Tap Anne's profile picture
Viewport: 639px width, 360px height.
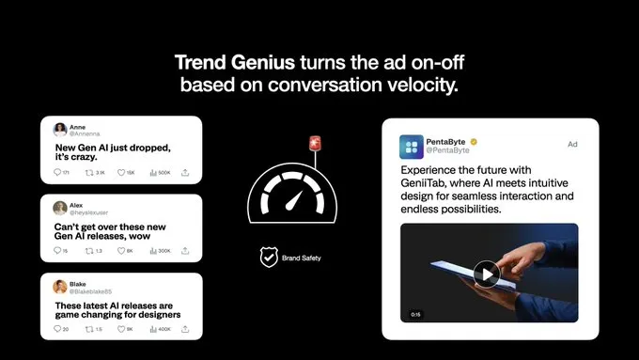click(x=60, y=130)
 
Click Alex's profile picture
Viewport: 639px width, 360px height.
click(x=60, y=208)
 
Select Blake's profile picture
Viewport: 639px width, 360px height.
click(x=60, y=287)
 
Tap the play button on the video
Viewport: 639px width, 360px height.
click(x=485, y=274)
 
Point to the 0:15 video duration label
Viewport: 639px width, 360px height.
click(x=416, y=314)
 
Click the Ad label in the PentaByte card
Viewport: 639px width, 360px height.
click(x=572, y=144)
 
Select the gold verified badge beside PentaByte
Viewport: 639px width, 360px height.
click(x=475, y=141)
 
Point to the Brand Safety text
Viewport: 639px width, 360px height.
click(x=301, y=255)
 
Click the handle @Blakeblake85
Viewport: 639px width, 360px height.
click(x=92, y=291)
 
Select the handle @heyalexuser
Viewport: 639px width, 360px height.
click(x=90, y=213)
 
